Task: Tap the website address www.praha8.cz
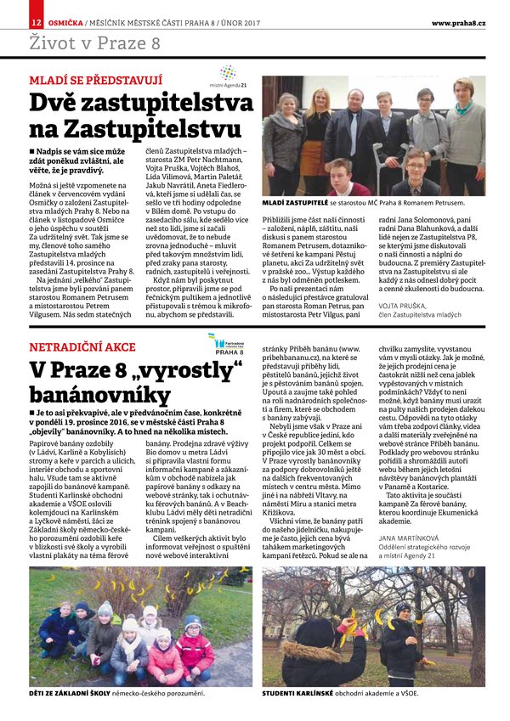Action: click(x=458, y=21)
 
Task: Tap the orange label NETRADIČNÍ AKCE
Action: click(x=82, y=347)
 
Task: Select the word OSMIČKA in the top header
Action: click(x=66, y=21)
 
